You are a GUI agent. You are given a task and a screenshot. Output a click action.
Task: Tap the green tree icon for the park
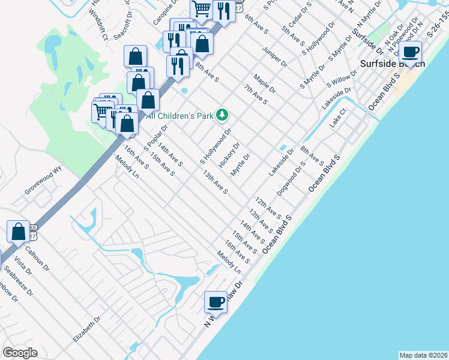point(222,113)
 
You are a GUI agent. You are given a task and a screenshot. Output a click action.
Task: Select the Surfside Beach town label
point(392,64)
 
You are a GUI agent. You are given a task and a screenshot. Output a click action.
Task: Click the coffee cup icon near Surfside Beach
point(411,52)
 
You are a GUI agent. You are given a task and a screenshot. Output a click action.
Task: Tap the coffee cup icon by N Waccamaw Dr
point(215,302)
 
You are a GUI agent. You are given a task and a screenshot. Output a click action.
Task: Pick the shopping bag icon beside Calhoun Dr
point(19,231)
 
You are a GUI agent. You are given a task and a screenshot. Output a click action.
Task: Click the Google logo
point(20,353)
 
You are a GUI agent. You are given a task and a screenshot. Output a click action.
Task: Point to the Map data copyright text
point(423,355)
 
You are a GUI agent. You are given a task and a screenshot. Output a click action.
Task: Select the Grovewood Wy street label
point(43,181)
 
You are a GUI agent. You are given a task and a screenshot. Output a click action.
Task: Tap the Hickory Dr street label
point(229,154)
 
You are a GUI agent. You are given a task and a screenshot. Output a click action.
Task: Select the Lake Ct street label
point(339,118)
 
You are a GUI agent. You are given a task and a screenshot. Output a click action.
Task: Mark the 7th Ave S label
point(255,94)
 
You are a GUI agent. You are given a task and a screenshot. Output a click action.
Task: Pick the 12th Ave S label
point(268,207)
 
